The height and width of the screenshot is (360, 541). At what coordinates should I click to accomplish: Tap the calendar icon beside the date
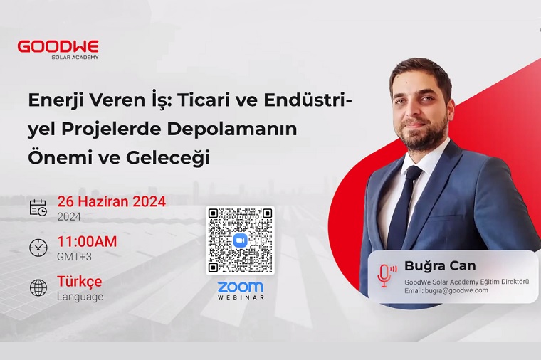[x=38, y=208]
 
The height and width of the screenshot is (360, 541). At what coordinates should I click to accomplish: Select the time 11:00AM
[x=87, y=242]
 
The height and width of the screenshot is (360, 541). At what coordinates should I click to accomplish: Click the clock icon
[x=38, y=248]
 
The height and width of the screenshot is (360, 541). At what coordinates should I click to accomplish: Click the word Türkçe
[x=79, y=282]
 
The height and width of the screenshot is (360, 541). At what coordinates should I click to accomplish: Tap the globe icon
[x=38, y=287]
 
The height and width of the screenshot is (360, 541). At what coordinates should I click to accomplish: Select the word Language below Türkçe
[x=80, y=297]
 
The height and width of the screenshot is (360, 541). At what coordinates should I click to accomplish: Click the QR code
[x=240, y=240]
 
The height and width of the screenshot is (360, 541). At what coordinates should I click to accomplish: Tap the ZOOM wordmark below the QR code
[x=240, y=287]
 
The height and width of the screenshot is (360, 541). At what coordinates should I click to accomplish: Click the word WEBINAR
[x=240, y=297]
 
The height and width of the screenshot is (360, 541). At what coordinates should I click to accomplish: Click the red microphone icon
[x=385, y=275]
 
